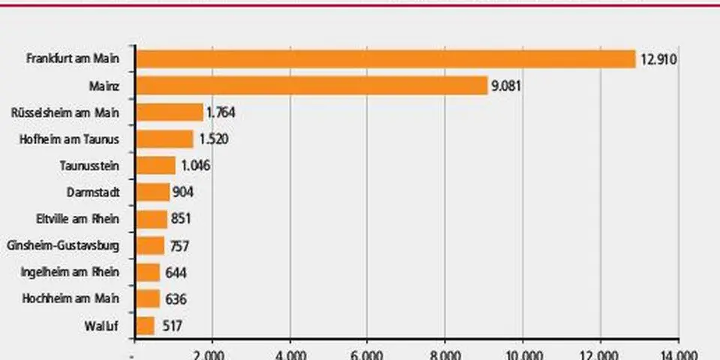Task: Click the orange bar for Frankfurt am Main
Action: coord(385,58)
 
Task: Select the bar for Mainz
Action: coord(311,85)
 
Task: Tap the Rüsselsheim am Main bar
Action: coord(169,112)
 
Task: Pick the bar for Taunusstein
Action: coord(155,166)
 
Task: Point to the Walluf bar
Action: coord(145,325)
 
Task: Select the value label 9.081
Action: coord(506,85)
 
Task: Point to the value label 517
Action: coord(169,325)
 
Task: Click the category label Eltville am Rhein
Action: coord(80,219)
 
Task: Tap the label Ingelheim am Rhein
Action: coord(77,272)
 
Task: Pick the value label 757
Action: coord(179,245)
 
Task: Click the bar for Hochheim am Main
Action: coord(148,298)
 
